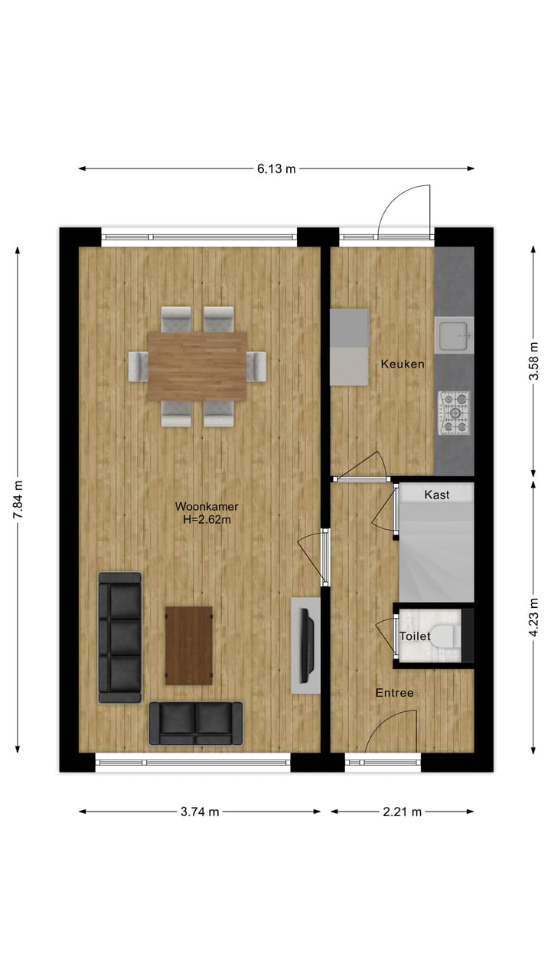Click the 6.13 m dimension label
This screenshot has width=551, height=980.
pos(276,169)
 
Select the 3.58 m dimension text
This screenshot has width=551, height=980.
pos(534,361)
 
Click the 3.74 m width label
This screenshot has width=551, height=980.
pos(200,812)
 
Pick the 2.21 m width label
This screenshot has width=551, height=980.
pos(403,812)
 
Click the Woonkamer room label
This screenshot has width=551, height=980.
pos(207,507)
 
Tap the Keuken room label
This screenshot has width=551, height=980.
pos(403,364)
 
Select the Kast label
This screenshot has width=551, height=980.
pos(437,495)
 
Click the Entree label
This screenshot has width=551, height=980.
pos(394,693)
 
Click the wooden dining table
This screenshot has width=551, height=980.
pos(197,366)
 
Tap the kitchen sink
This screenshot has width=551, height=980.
pos(454,335)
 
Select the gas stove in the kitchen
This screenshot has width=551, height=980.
pos(455,413)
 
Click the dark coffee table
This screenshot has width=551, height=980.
pos(189,645)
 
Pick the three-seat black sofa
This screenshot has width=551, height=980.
pos(120,637)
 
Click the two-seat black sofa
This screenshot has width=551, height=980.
pos(196,724)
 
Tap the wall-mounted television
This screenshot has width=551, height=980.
pos(307,645)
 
